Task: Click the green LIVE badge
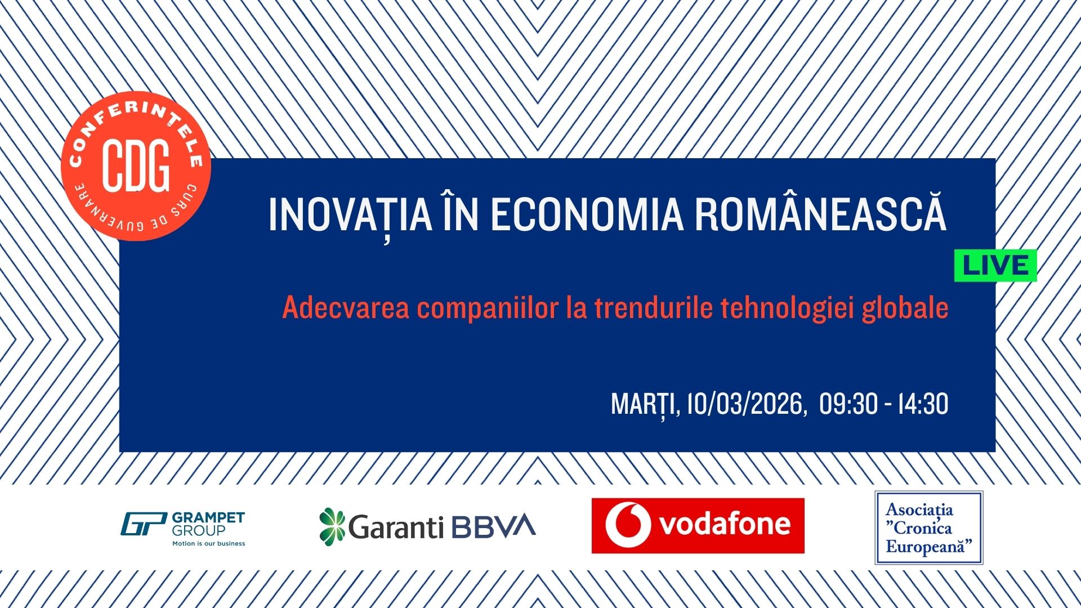(x=995, y=266)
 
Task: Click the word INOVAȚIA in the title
(x=350, y=215)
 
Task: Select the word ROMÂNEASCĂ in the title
(x=820, y=214)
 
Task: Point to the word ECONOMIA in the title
(x=587, y=215)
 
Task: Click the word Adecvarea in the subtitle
(x=345, y=308)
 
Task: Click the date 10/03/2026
(x=744, y=404)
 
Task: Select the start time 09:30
(x=848, y=404)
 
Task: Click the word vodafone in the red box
(x=725, y=525)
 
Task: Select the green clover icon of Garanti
(x=332, y=526)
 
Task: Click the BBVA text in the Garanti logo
(x=493, y=526)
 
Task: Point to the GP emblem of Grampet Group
(x=144, y=524)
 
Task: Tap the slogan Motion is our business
(x=208, y=544)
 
